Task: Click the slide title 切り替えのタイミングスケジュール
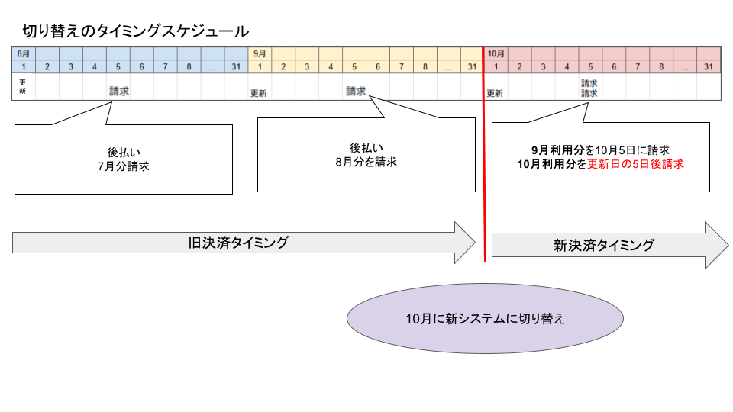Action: coord(135,31)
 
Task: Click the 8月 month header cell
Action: coord(24,53)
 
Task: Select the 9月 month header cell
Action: coord(260,53)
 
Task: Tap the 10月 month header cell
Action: coord(496,53)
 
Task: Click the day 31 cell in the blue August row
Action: coord(237,67)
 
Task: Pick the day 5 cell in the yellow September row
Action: coord(354,67)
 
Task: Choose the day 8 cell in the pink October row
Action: coord(661,67)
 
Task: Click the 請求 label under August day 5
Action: coord(119,91)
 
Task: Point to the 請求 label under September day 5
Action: coord(356,91)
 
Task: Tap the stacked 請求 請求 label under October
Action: coord(589,88)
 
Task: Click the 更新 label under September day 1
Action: coord(259,94)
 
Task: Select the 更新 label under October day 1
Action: coord(495,94)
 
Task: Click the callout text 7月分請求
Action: coord(123,166)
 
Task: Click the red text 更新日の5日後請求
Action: coord(635,164)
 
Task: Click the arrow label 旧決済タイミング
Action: coord(238,243)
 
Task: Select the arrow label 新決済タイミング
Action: coord(603,245)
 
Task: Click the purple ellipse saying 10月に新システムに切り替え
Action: coord(485,318)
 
